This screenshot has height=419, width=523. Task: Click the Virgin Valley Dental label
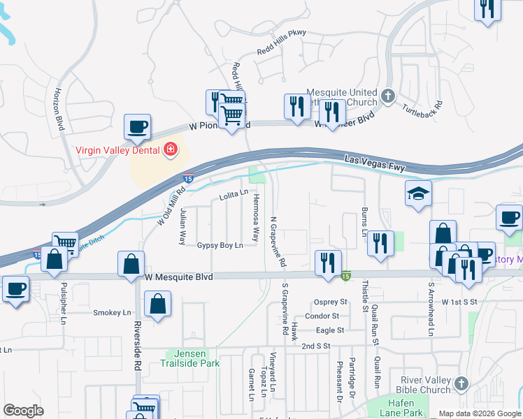click(x=117, y=149)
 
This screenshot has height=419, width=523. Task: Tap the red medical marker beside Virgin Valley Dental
click(x=169, y=149)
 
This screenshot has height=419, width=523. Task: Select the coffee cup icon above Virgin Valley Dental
click(x=137, y=127)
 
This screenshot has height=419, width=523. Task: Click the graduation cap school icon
click(x=419, y=193)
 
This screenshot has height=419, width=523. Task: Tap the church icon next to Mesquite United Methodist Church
click(x=389, y=95)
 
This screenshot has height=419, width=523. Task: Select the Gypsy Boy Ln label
click(x=220, y=245)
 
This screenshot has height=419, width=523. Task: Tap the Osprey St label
click(x=331, y=302)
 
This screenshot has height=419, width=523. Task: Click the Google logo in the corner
click(x=24, y=411)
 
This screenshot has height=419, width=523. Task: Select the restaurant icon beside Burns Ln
click(x=380, y=243)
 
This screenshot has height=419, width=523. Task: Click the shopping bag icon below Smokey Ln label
click(x=158, y=304)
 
